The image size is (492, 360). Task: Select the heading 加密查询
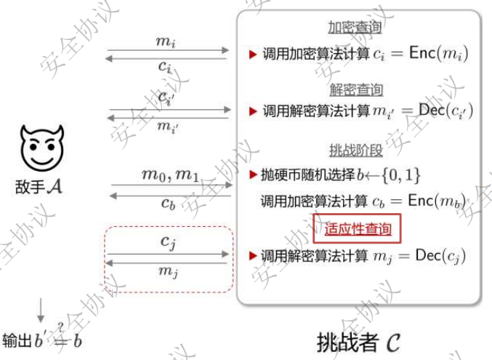tap(355, 28)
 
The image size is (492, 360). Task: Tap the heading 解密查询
tap(355, 90)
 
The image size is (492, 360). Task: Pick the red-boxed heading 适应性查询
tap(358, 229)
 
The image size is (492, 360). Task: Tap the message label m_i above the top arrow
tap(166, 41)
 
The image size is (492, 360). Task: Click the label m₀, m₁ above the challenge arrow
tap(169, 175)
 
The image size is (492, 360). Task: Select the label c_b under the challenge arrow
tap(169, 204)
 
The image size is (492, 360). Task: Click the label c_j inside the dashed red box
tap(168, 241)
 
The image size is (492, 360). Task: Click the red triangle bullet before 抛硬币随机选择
tap(253, 175)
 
